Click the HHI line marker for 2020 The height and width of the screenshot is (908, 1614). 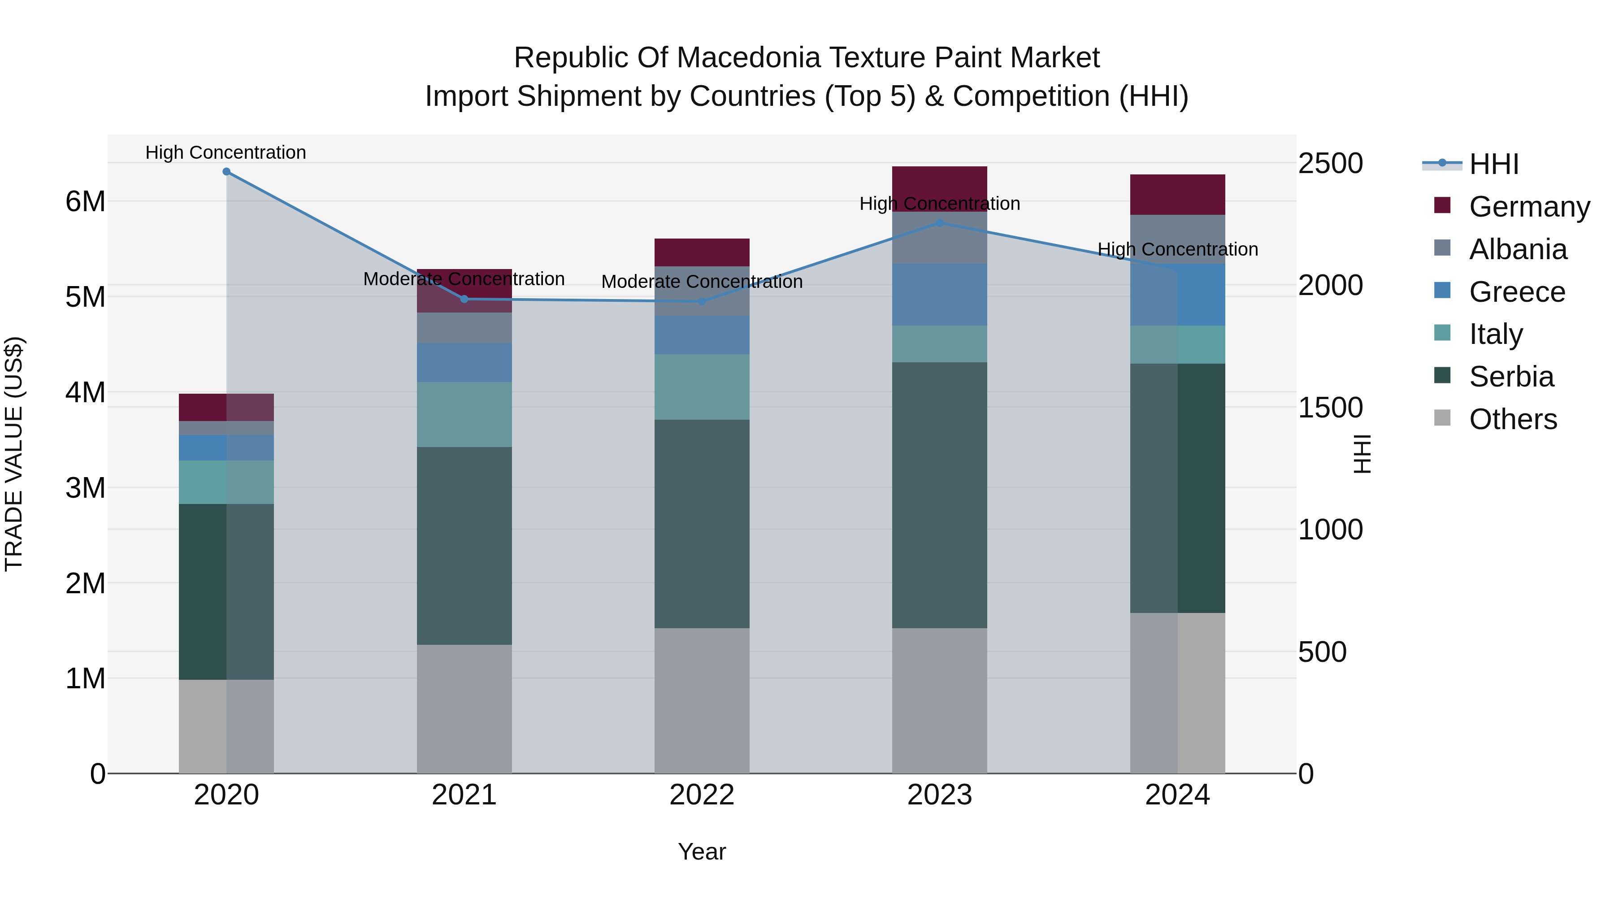pyautogui.click(x=226, y=172)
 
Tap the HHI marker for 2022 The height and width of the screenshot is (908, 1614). pyautogui.click(x=702, y=301)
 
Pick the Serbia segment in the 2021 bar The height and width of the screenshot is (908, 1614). pyautogui.click(x=464, y=545)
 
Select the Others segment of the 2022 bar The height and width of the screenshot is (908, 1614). pyautogui.click(x=702, y=700)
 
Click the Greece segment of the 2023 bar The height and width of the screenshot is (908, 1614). pyautogui.click(x=939, y=295)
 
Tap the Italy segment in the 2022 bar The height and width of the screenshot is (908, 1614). pyautogui.click(x=702, y=387)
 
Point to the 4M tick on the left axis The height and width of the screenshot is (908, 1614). pyautogui.click(x=85, y=393)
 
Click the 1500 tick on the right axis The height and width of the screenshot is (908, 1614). pyautogui.click(x=1330, y=408)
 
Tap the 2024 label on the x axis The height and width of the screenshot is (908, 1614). pyautogui.click(x=1177, y=795)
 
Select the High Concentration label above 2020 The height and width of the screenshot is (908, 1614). pyautogui.click(x=226, y=153)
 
